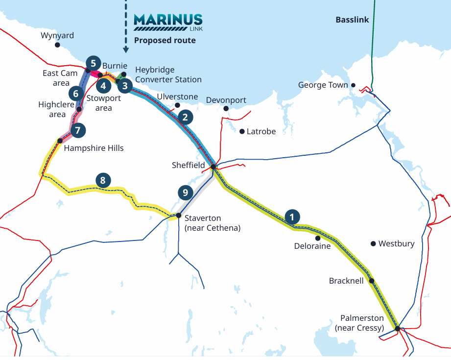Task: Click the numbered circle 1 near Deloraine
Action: coord(292,216)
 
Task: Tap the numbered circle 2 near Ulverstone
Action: coord(185,117)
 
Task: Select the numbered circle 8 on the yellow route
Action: coord(102,180)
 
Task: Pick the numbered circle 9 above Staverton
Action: coord(185,192)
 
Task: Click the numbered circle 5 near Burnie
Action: coord(93,63)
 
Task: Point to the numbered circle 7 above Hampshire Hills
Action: coord(77,130)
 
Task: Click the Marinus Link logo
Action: coord(168,22)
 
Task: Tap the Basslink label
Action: coord(352,20)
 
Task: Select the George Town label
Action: coord(323,85)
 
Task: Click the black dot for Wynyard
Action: coord(57,45)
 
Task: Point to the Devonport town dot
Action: coord(226,108)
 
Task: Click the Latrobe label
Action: coord(261,131)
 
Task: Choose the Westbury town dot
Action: coord(373,243)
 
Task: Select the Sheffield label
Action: coord(188,166)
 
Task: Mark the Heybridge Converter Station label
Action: coord(168,74)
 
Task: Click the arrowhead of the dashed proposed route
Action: coord(126,49)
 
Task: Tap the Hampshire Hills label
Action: coord(94,148)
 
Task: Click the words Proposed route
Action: coord(165,41)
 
